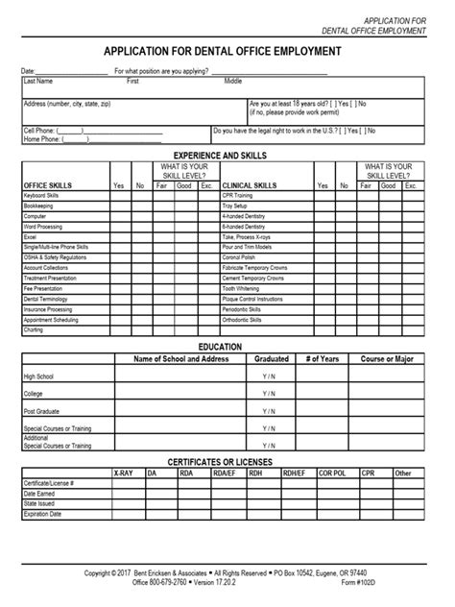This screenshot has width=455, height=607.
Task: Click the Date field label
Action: pos(29,72)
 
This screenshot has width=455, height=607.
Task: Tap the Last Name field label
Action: pos(38,82)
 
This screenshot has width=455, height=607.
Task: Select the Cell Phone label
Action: pos(39,130)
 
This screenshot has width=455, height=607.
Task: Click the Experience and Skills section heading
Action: pos(226,154)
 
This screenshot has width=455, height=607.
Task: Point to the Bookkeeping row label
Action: pos(39,206)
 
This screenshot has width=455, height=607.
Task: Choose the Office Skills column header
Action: pos(48,184)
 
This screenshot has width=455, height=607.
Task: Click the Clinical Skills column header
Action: pos(251,184)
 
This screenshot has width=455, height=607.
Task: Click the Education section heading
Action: pos(227,345)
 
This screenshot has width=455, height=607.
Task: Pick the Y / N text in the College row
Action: pos(268,393)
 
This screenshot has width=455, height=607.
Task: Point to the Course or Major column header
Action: pos(386,358)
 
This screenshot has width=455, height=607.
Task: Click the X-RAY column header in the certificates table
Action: pos(123,473)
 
